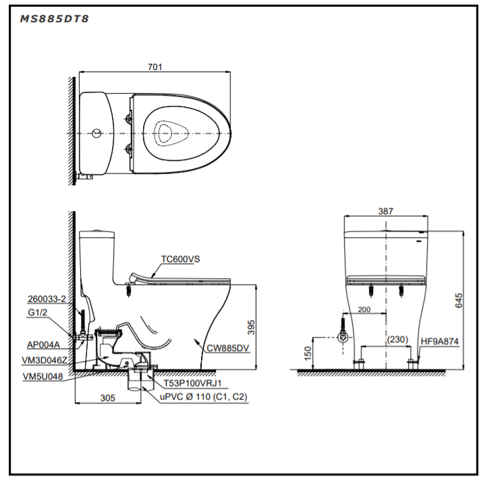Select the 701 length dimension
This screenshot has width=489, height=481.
pos(155,67)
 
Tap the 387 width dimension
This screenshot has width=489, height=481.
pos(385,211)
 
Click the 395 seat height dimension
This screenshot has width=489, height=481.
pos(251,327)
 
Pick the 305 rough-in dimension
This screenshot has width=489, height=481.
pos(107,398)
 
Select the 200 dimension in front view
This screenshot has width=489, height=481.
pos(364,309)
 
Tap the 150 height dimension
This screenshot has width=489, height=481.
pos(308,353)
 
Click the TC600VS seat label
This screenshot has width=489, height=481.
pos(181,259)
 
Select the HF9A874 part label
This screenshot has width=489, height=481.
pos(440,342)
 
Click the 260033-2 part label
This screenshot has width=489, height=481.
pos(47,299)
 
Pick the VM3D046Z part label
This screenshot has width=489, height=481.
pos(44,361)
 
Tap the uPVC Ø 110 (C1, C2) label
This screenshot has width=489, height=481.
pos(204,397)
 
